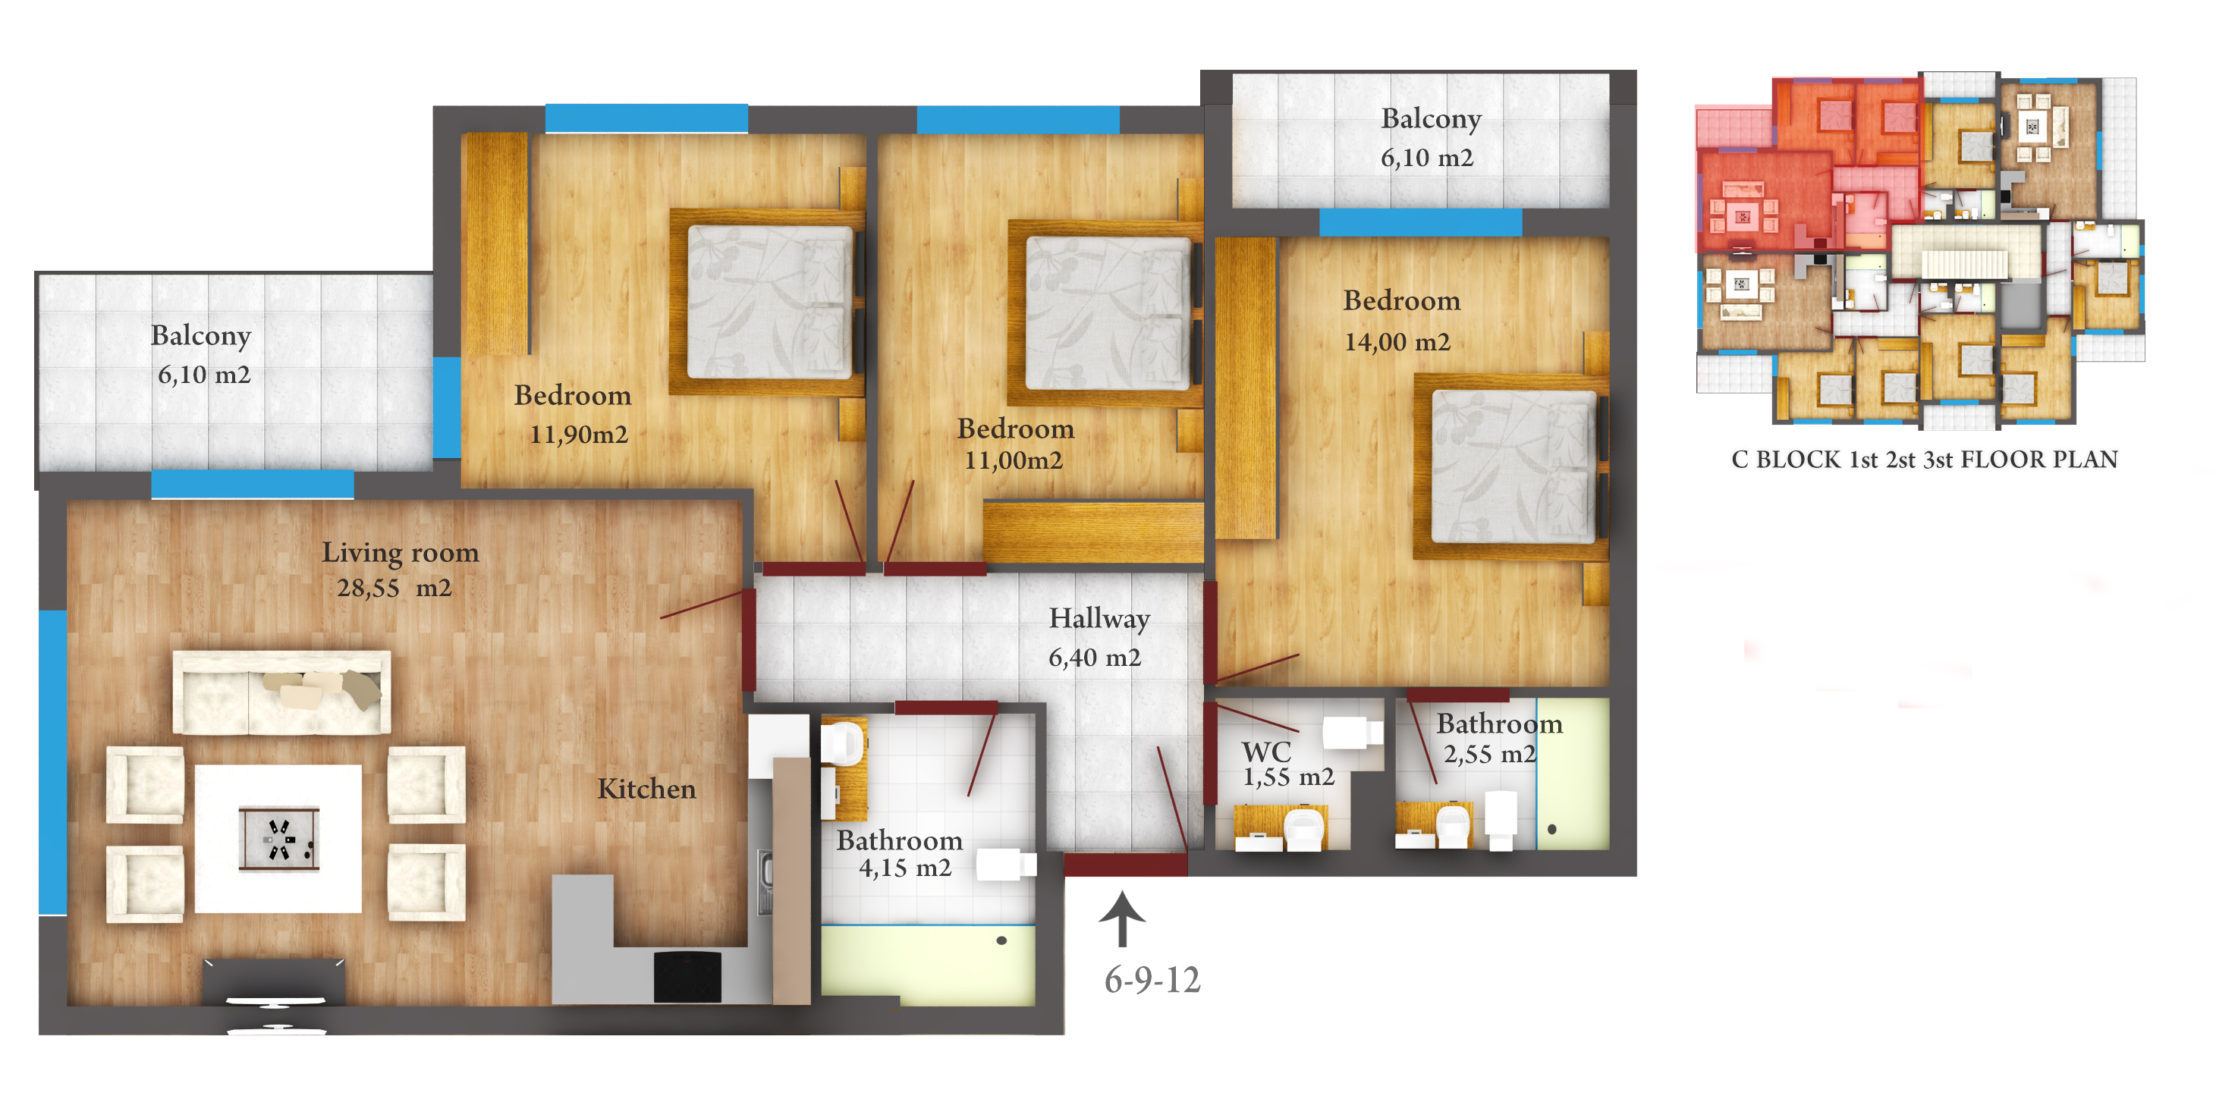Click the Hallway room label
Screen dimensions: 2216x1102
[x=1099, y=619]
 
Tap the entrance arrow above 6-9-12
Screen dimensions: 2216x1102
[x=1122, y=918]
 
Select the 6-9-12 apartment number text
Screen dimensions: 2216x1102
[x=1152, y=980]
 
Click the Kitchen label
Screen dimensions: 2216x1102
[x=647, y=789]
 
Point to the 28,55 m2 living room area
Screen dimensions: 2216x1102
[x=394, y=589]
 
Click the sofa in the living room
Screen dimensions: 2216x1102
[x=281, y=692]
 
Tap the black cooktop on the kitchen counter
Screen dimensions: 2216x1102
[x=687, y=976]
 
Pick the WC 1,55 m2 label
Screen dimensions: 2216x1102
[x=1287, y=764]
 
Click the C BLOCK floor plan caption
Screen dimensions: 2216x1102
[x=1925, y=460]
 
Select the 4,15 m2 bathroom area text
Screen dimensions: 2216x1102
[x=905, y=868]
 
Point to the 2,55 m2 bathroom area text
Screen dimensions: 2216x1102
[x=1489, y=755]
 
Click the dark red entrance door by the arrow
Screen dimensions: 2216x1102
[x=1125, y=865]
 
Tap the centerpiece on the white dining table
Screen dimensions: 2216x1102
[x=278, y=839]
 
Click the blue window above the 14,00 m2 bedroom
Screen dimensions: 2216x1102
[x=1420, y=223]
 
